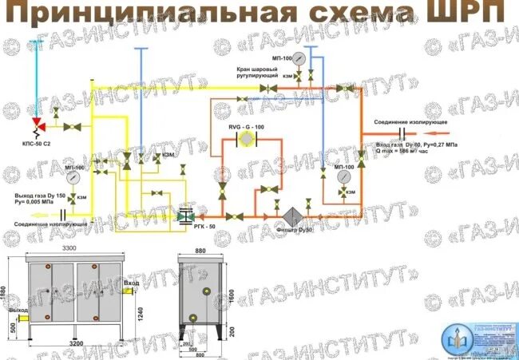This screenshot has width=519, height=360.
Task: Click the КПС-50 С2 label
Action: (37, 144)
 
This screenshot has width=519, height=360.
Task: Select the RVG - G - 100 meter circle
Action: (248, 138)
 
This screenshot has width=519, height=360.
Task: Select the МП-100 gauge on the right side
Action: (344, 180)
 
